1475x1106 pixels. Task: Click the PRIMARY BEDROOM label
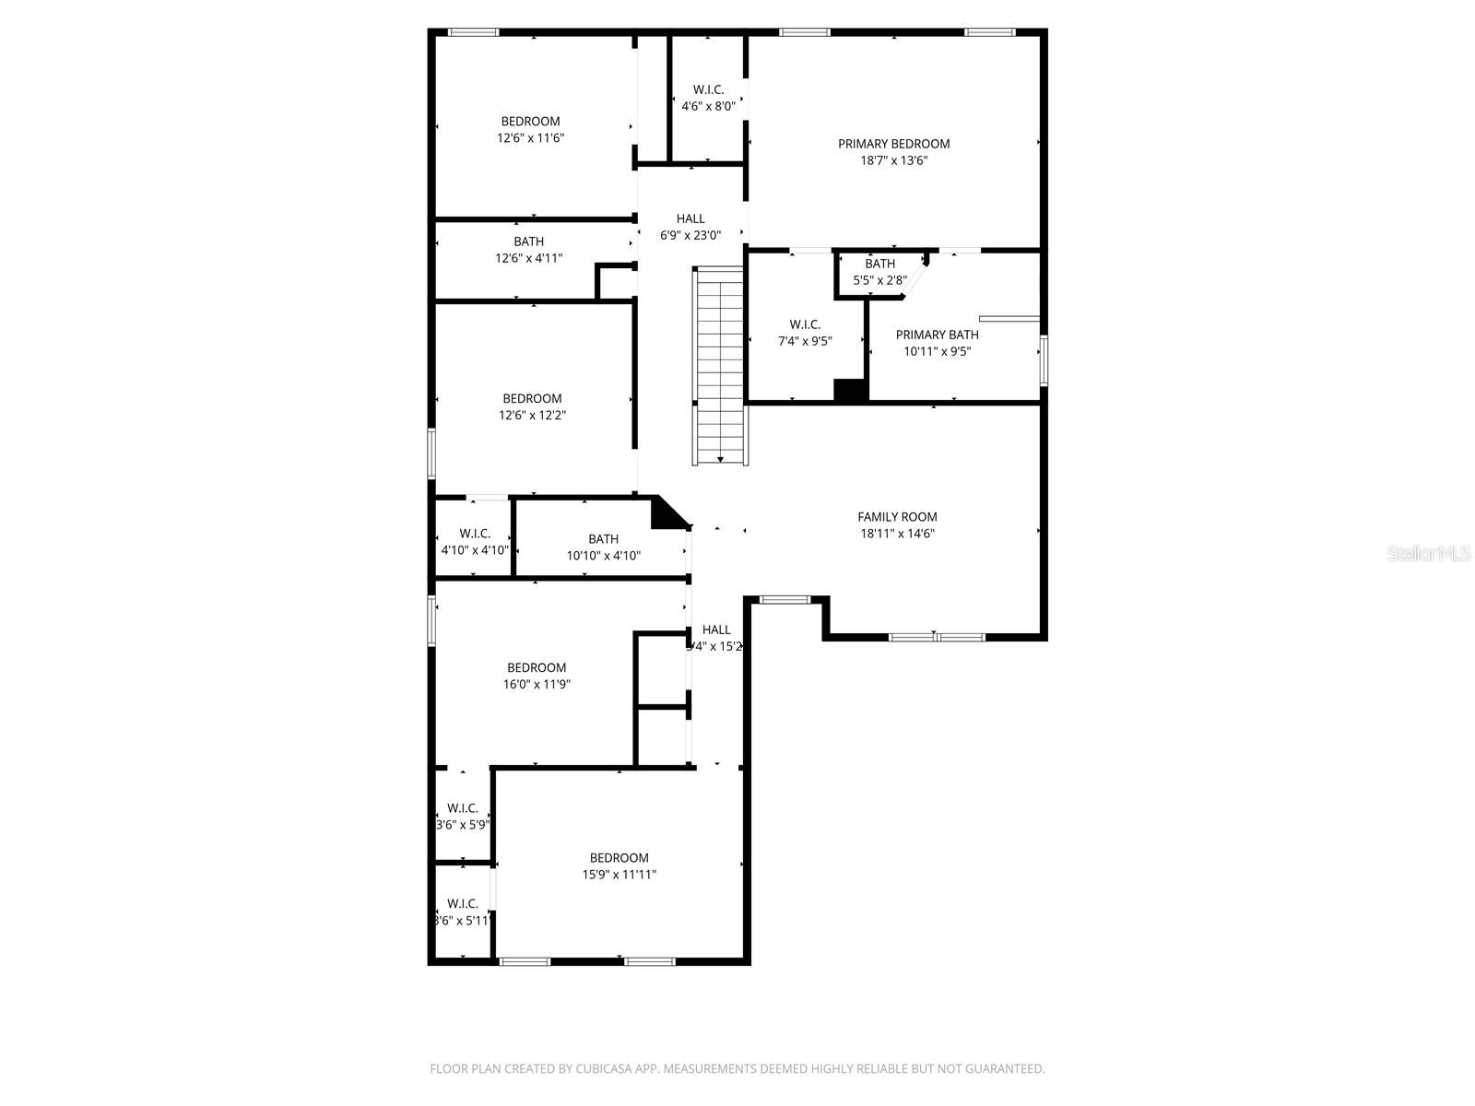tap(893, 144)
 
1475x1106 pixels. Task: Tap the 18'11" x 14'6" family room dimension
tap(897, 534)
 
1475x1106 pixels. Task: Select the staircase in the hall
tap(719, 364)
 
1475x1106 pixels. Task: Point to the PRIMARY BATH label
tap(937, 335)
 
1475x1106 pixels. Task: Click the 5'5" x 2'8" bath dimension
tap(879, 279)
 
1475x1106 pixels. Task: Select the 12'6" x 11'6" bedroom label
tap(530, 130)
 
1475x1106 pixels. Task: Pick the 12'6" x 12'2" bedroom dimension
tap(532, 416)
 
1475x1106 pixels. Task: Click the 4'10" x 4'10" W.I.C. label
tap(474, 542)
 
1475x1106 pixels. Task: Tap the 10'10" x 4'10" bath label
tap(603, 547)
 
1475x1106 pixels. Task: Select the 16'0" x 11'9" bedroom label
tap(536, 677)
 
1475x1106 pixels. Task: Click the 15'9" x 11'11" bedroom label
tap(619, 866)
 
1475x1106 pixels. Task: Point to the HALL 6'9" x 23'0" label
tap(690, 227)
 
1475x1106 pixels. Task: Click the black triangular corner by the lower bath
tap(666, 514)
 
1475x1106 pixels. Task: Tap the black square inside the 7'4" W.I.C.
tap(850, 390)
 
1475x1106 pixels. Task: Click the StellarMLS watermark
tap(1428, 553)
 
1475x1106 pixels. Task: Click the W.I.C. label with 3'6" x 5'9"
tap(462, 817)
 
